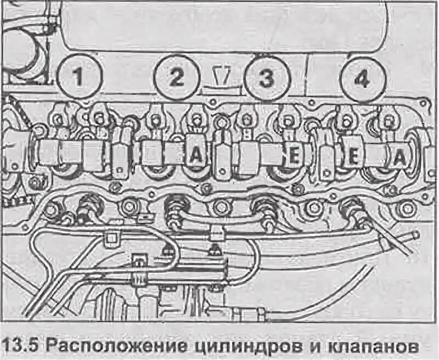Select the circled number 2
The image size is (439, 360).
point(176,77)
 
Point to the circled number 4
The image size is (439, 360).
point(361,78)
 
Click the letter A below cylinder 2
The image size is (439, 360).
point(195,156)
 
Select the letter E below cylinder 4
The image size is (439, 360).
point(353,157)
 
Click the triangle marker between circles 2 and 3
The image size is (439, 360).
point(222,76)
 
